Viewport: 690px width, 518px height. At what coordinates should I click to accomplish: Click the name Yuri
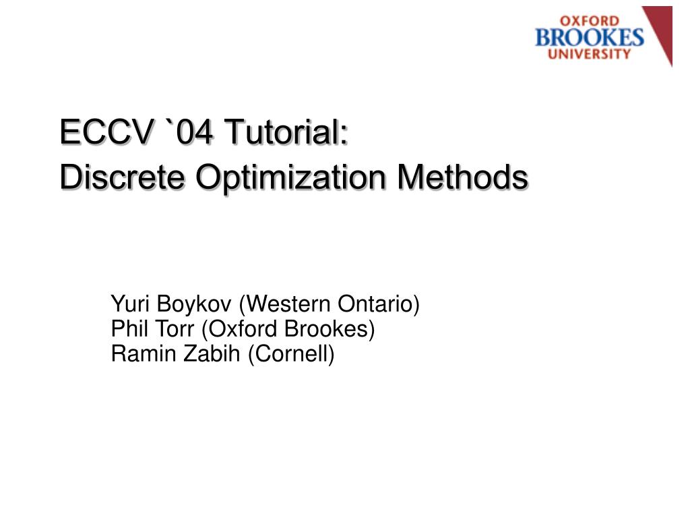tap(130, 304)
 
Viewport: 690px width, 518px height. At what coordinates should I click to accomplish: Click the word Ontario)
tap(379, 304)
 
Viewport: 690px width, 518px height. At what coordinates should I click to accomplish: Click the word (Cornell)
tap(291, 353)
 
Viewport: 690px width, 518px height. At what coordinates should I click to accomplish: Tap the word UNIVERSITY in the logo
tap(590, 53)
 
